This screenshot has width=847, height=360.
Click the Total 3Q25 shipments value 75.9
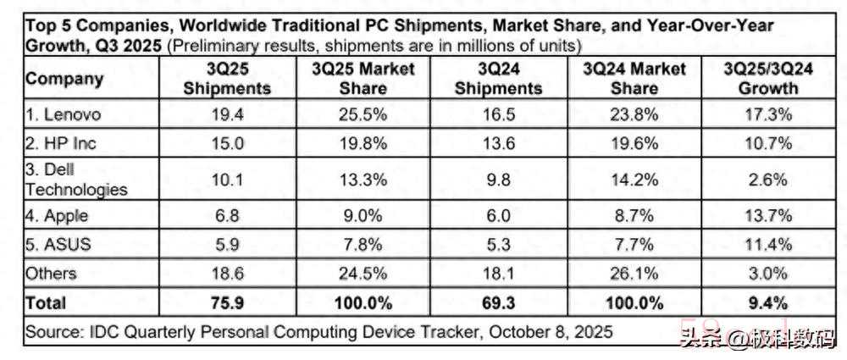(x=227, y=302)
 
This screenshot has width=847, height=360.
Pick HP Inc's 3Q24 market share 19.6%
(x=633, y=143)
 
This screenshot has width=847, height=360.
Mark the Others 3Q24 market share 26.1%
(x=633, y=274)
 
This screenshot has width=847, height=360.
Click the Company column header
(x=64, y=79)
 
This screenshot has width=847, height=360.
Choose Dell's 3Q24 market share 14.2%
(x=633, y=180)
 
